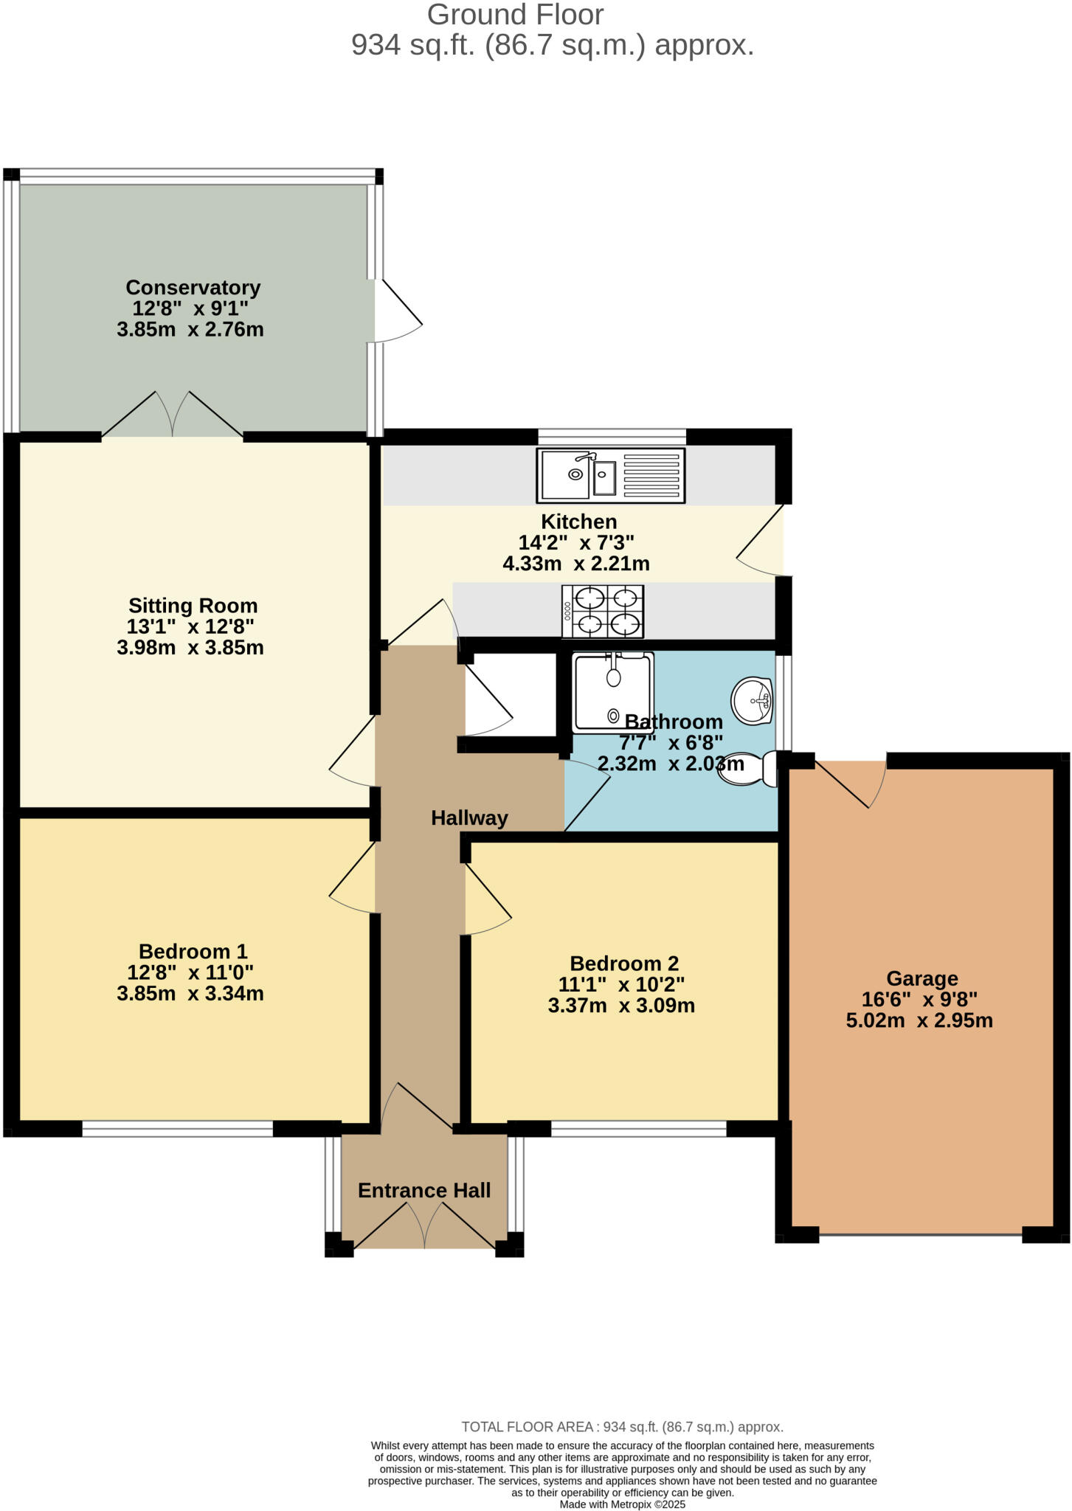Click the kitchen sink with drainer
[x=610, y=476]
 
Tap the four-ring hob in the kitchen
[x=603, y=612]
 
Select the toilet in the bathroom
[x=748, y=769]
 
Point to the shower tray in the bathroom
[x=612, y=692]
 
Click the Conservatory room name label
[x=193, y=287]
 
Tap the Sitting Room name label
[x=193, y=606]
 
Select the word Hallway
[x=469, y=817]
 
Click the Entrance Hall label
[x=423, y=1190]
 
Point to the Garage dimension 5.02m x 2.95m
[x=919, y=1020]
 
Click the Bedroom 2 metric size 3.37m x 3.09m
[x=621, y=1005]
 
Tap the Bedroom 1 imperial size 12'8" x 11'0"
[x=190, y=972]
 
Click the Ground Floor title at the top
[x=515, y=15]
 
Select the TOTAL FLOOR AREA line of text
[x=622, y=1427]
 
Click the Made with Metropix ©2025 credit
[x=622, y=1504]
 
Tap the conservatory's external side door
[x=397, y=310]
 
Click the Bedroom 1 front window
[x=177, y=1129]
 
